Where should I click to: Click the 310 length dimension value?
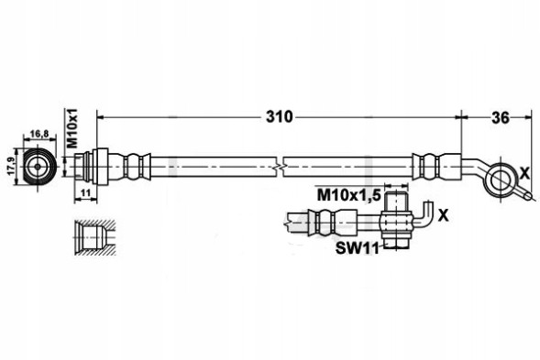pos(279,117)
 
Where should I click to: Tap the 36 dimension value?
pos(500,117)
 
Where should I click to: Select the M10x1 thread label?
pos(72,127)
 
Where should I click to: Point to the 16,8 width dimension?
pos(39,134)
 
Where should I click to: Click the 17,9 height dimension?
pos(10,166)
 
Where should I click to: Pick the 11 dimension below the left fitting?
pos(85,192)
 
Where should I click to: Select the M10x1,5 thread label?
pos(348,195)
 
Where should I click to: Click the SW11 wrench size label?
pos(358,248)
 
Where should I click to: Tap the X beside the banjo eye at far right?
pos(524,174)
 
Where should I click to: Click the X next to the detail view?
pos(444,215)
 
